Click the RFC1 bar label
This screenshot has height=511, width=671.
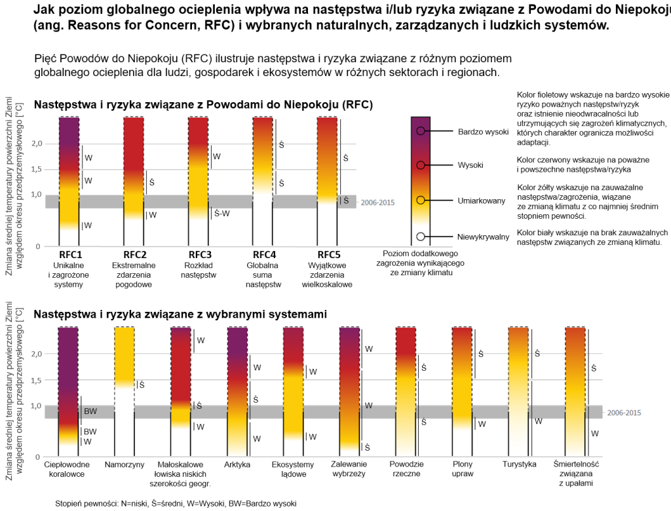click(70, 255)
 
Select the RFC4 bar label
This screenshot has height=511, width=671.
click(265, 255)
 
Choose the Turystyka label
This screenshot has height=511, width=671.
click(519, 464)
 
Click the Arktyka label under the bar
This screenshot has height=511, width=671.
click(237, 464)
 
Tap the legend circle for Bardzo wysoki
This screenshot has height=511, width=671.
click(421, 131)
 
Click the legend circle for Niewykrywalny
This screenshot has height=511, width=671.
click(421, 237)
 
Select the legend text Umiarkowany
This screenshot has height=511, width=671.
click(482, 200)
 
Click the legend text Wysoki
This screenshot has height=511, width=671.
click(470, 165)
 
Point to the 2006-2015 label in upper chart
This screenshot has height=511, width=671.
click(377, 202)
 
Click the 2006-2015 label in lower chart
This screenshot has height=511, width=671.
click(624, 413)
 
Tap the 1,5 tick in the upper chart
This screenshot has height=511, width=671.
click(37, 169)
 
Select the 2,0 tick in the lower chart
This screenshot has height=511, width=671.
click(37, 354)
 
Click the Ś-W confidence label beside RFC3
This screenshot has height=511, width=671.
click(221, 213)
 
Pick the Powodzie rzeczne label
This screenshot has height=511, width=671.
click(406, 469)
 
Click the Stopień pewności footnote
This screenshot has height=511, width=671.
click(176, 503)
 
